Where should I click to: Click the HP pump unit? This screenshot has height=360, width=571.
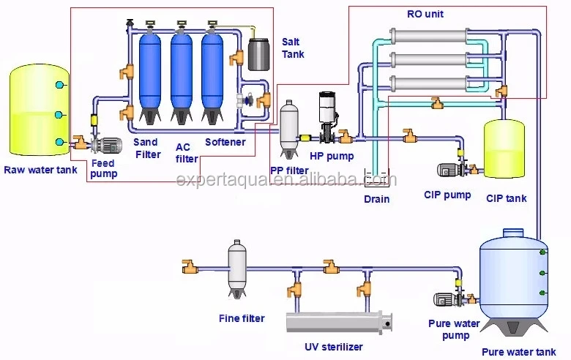pos(327,117)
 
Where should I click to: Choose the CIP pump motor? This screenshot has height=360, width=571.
pos(448,170)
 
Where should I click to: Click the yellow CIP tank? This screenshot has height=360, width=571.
pos(504,149)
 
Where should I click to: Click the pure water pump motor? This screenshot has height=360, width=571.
pos(446,299)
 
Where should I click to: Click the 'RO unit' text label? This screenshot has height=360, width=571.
pos(425,14)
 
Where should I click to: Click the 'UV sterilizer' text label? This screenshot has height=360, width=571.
pos(333,348)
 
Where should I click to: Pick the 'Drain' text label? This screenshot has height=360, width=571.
pos(377,199)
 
